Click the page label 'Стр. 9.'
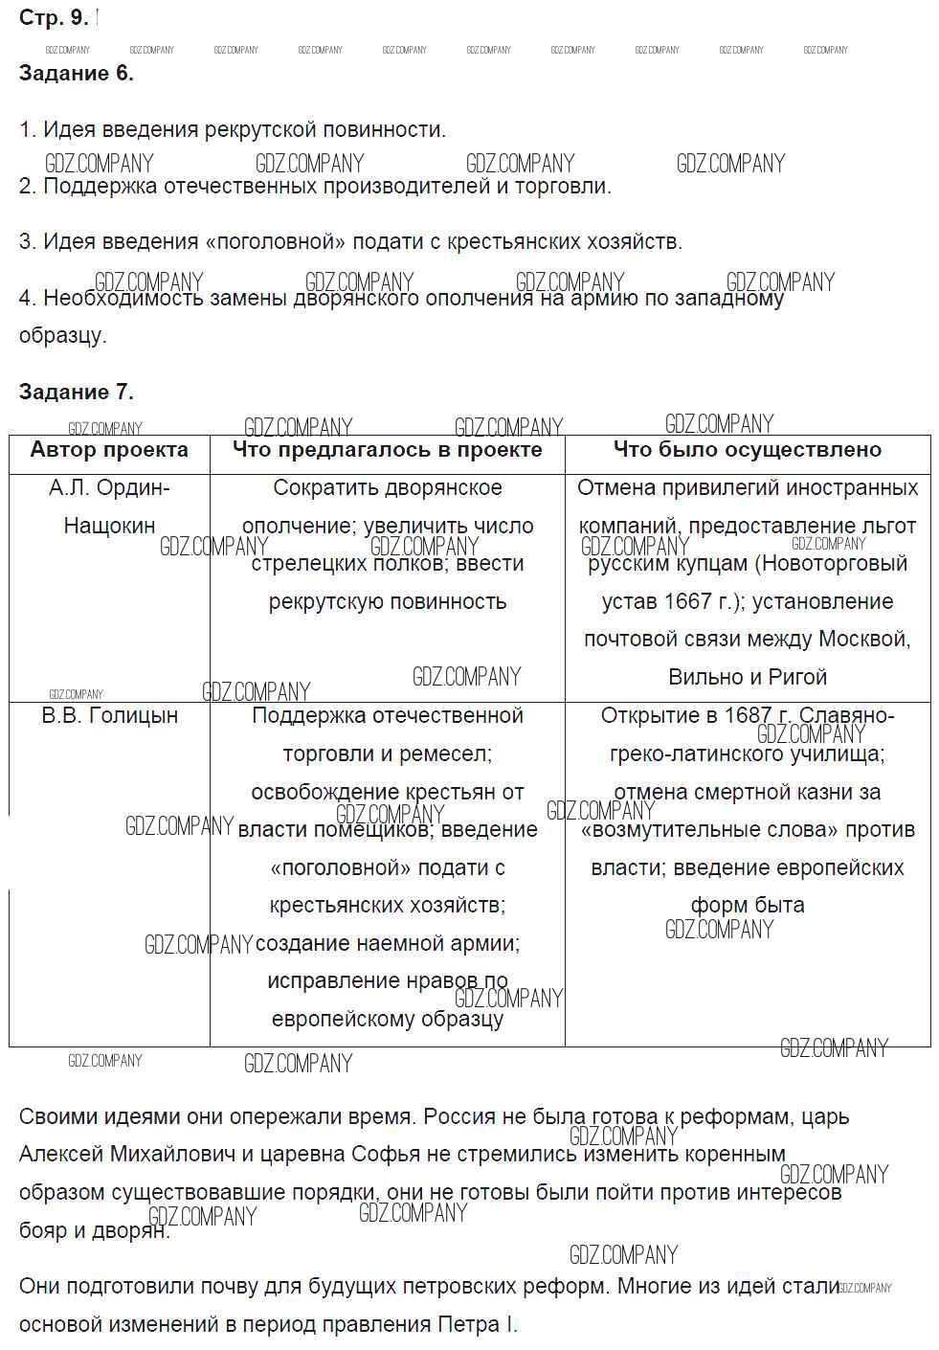[x=54, y=17]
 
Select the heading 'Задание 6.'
[x=77, y=74]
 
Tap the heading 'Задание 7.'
[x=77, y=392]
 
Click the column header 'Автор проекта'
[x=109, y=450]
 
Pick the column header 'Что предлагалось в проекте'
[x=387, y=450]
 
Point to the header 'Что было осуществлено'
[x=747, y=450]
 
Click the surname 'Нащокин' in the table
[x=109, y=526]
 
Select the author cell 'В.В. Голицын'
[x=109, y=715]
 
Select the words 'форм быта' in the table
[x=747, y=905]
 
